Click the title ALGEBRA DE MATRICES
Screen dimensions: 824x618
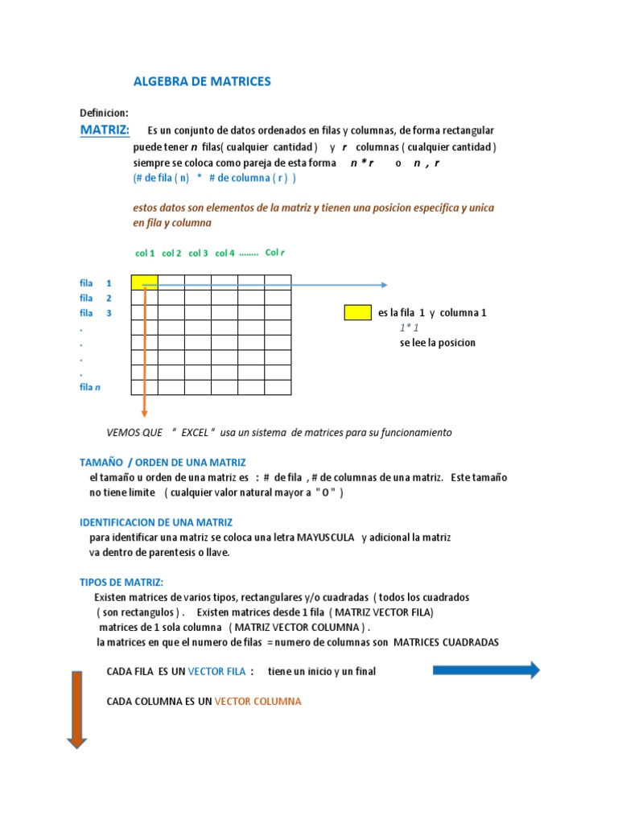tap(202, 81)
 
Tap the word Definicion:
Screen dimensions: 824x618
tap(104, 113)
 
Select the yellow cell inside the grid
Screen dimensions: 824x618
tap(145, 282)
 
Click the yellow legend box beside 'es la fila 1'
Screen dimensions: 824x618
tap(357, 313)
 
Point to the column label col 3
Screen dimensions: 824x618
tap(199, 253)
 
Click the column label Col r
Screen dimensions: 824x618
tap(275, 253)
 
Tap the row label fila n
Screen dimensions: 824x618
tap(90, 387)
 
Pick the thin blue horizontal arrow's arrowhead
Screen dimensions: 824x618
tap(384, 284)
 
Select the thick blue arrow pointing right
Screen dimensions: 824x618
tap(486, 669)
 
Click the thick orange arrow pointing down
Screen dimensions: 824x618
tap(76, 709)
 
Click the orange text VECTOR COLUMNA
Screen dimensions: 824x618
tap(258, 702)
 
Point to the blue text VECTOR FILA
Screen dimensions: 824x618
tap(217, 671)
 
